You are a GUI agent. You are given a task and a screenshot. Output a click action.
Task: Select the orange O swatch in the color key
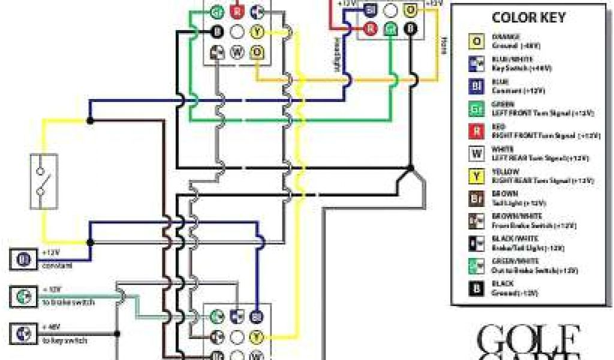(477, 40)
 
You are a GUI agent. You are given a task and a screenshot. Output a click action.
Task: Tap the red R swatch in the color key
(477, 131)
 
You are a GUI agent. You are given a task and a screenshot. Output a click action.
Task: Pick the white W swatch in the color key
(477, 154)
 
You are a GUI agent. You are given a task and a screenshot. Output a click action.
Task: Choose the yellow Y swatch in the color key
(477, 176)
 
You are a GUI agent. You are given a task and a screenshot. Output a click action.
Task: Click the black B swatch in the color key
(477, 289)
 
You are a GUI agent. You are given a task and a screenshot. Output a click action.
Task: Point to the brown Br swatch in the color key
(477, 199)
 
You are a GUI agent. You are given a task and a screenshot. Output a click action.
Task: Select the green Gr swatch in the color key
(477, 108)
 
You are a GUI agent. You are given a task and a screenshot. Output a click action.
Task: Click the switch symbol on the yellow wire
(44, 182)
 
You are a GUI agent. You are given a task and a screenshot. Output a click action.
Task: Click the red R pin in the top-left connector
(237, 11)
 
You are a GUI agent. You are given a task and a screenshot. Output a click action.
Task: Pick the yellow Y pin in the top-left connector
(257, 31)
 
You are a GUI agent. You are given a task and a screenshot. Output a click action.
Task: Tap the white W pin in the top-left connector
(237, 52)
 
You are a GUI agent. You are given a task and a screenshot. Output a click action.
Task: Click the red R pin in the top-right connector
(371, 28)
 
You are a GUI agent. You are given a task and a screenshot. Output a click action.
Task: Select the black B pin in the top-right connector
(411, 28)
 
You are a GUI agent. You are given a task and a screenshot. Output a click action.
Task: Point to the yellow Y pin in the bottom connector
(257, 336)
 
